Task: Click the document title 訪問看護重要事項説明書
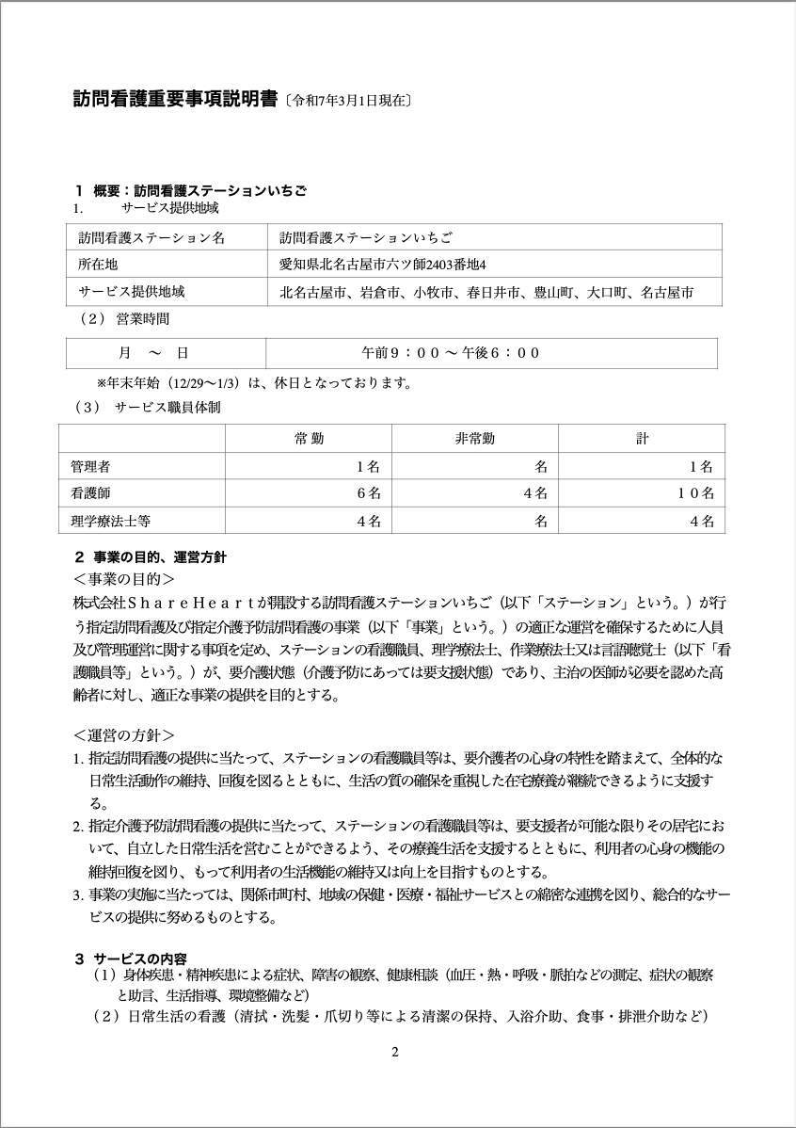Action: click(x=175, y=98)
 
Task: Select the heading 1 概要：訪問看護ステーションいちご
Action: click(x=191, y=190)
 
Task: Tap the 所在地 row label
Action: click(x=98, y=265)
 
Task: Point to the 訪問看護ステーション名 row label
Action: click(x=151, y=238)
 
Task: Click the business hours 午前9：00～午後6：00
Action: click(x=452, y=353)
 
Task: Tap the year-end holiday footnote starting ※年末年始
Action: click(x=254, y=383)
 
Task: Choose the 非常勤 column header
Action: click(x=474, y=439)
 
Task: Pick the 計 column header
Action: click(x=642, y=439)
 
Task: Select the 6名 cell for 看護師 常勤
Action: click(x=368, y=492)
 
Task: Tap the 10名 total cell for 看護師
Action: click(x=695, y=492)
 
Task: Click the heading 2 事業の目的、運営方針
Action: click(x=151, y=557)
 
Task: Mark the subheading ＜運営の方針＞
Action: click(x=123, y=733)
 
